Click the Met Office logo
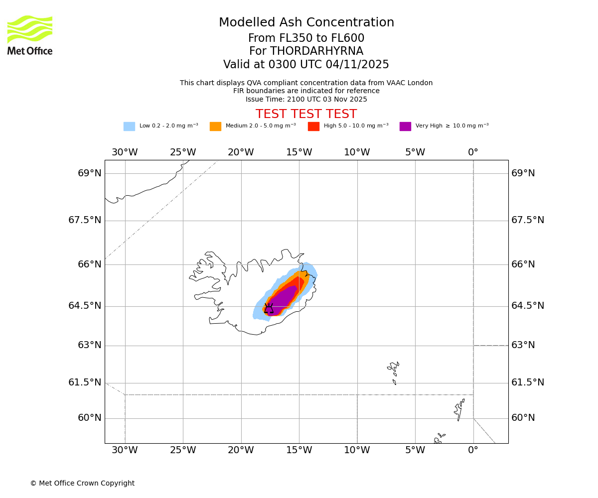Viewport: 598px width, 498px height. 30,35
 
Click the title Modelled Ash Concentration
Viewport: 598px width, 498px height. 306,23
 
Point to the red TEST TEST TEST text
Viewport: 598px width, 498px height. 306,114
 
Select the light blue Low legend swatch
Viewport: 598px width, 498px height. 129,126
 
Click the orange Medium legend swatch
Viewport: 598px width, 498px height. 215,126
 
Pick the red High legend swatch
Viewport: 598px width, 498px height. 313,126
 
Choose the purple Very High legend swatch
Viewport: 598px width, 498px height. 405,126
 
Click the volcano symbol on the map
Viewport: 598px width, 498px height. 269,309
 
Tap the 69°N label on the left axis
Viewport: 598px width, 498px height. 90,173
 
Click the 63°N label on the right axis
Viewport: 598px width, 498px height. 523,345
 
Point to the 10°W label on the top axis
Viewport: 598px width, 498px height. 357,152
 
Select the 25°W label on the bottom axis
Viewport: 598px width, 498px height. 183,450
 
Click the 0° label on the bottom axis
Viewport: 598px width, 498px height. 473,450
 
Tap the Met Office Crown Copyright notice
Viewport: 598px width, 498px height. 82,483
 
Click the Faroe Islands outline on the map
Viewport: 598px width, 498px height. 394,371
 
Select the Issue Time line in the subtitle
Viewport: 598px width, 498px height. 306,99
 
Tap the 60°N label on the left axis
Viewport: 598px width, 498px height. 90,418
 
